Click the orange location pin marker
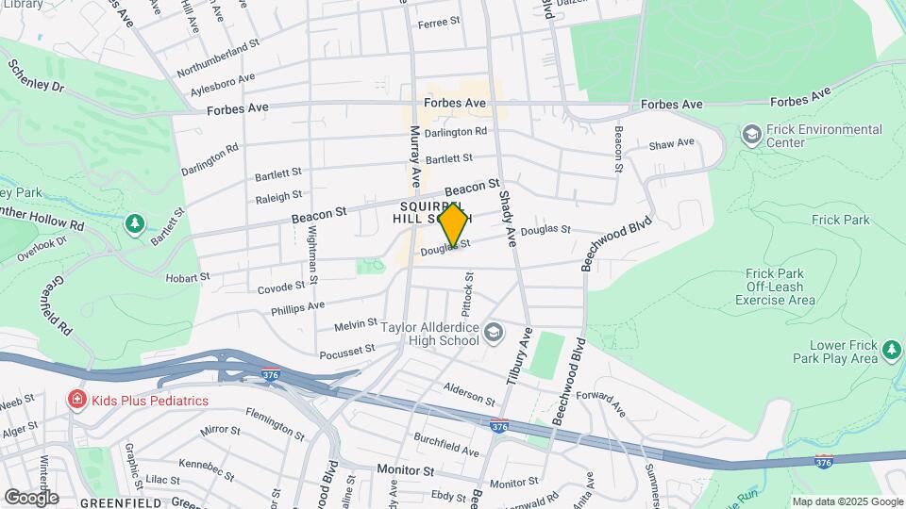click(454, 224)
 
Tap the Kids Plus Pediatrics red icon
click(76, 401)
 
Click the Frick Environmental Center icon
click(751, 136)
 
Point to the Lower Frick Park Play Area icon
click(892, 352)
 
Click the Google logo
click(30, 497)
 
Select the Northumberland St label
click(217, 57)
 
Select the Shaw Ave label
click(671, 144)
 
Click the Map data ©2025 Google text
click(847, 501)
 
